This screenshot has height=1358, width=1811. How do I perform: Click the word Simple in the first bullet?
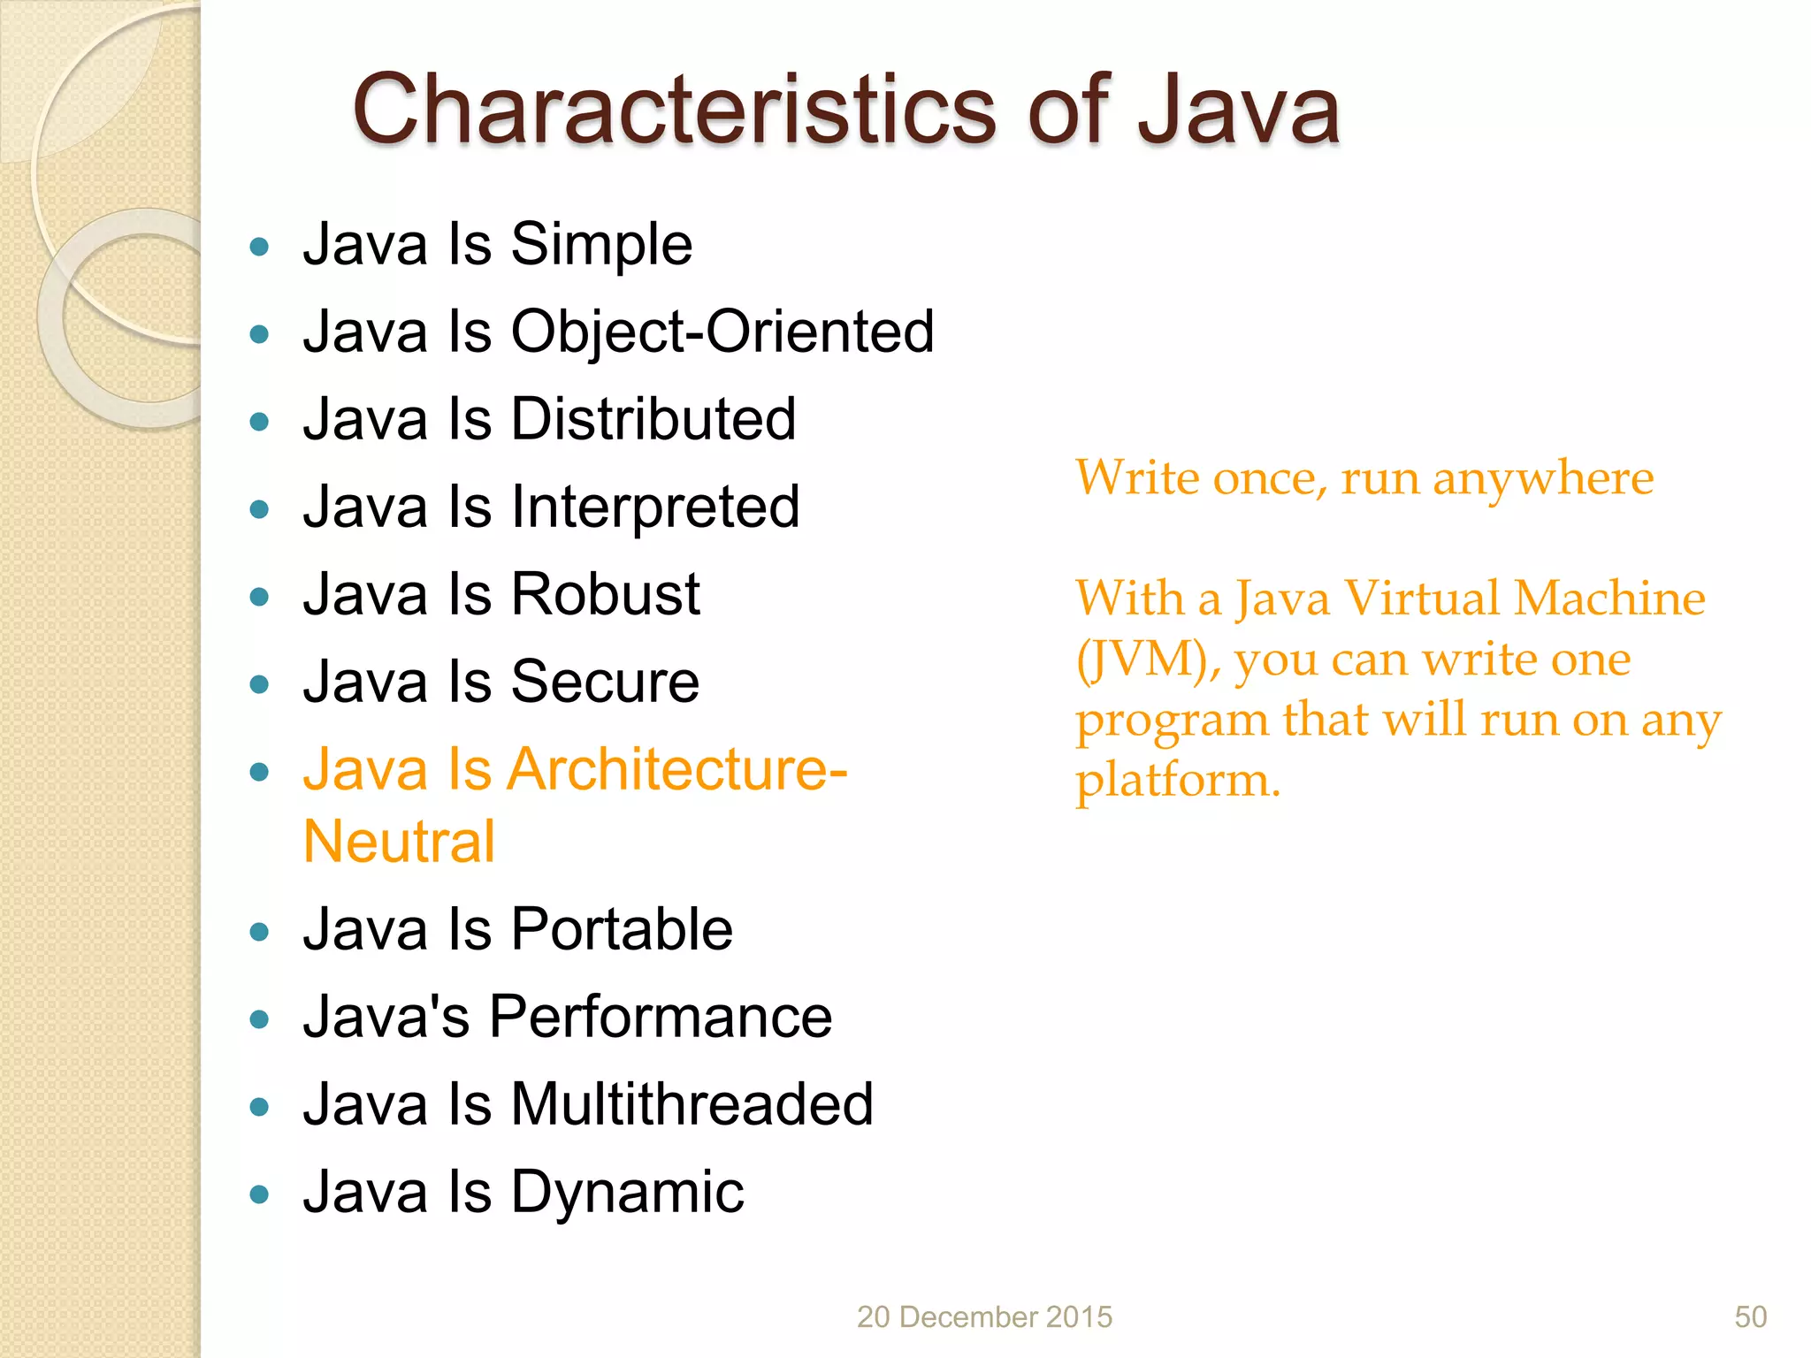(601, 245)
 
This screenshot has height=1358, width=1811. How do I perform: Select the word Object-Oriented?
(722, 332)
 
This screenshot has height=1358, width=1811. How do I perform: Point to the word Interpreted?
(655, 507)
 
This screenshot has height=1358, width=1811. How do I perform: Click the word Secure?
(605, 683)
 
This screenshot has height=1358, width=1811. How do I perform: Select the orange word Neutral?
(399, 842)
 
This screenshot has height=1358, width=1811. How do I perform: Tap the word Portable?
(622, 930)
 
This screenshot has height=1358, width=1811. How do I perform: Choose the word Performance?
(660, 1018)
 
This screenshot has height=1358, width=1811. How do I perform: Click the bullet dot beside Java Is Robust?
(259, 598)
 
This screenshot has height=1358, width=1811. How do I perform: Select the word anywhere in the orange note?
(1542, 479)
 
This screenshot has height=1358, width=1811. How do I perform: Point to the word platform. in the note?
(1177, 781)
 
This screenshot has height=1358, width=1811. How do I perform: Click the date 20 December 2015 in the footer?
(984, 1317)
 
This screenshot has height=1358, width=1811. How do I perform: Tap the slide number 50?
(1750, 1317)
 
